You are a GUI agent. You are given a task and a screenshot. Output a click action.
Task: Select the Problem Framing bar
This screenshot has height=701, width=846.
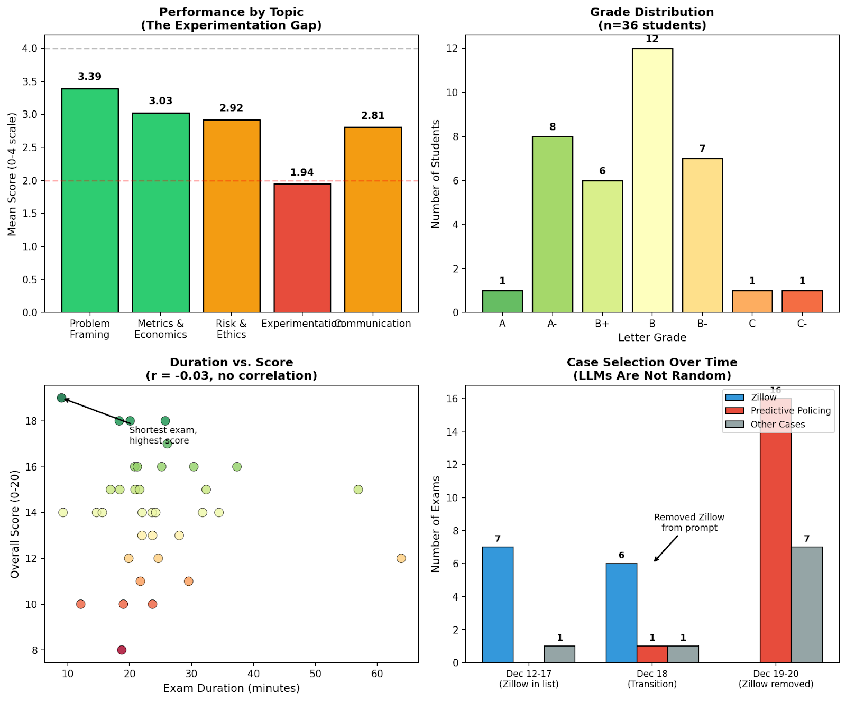90,200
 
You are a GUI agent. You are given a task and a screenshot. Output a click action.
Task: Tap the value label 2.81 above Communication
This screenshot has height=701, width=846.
373,116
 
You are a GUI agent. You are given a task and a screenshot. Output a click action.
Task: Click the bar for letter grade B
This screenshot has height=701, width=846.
652,180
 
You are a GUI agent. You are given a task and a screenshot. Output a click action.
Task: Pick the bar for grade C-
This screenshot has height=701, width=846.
802,301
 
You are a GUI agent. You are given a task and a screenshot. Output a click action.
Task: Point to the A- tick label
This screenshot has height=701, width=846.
552,324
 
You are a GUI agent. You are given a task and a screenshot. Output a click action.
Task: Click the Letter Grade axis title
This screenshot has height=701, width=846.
652,337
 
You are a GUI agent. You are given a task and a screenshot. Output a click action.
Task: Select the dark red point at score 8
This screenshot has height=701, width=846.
122,650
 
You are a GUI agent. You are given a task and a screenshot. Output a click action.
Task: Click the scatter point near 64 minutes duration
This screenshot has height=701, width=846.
401,558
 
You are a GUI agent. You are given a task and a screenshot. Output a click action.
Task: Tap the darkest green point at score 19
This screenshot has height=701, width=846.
61,398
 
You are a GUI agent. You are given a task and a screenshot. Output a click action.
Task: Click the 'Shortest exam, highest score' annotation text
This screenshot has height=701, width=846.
163,435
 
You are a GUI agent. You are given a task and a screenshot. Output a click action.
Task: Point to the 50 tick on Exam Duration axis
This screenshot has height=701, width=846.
315,674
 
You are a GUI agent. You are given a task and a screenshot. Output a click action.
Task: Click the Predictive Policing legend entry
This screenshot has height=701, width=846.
790,411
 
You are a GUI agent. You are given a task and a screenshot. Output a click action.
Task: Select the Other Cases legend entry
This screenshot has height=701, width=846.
777,425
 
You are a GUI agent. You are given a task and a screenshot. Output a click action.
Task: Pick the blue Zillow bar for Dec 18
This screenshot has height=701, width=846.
621,613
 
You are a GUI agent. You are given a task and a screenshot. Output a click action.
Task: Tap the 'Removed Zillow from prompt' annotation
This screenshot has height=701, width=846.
689,522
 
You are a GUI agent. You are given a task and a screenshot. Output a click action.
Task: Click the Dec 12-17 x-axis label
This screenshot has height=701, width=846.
529,678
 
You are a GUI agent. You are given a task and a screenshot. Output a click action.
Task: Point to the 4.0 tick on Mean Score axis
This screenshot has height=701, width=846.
30,49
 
